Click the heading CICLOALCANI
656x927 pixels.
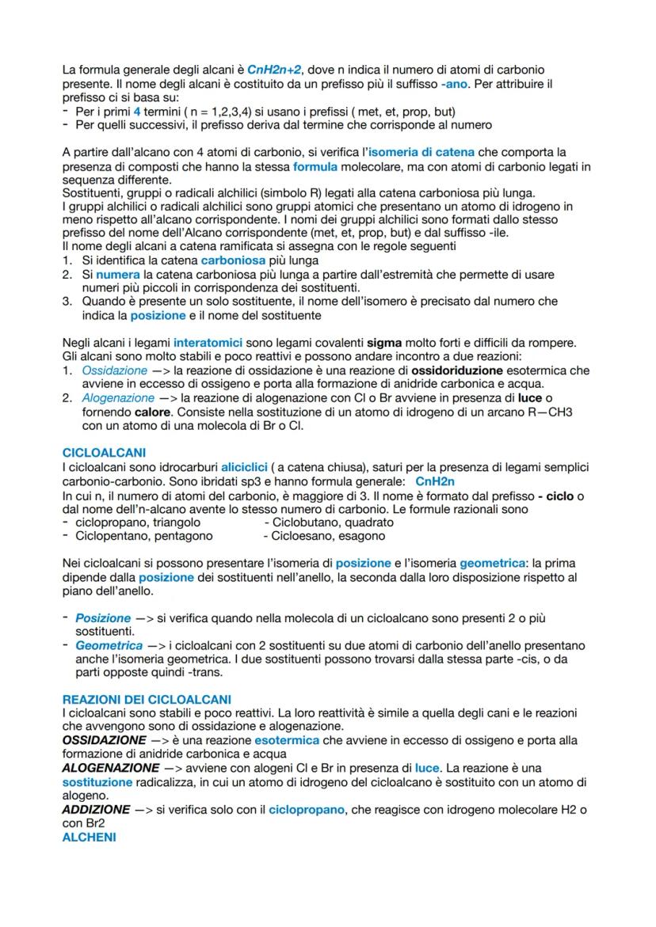(x=104, y=453)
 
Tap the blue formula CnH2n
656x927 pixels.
(x=440, y=481)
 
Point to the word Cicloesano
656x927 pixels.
(x=302, y=536)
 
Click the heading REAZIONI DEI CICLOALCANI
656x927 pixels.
(x=147, y=699)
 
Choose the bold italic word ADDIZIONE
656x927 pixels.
(x=96, y=810)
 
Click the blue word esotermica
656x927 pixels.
(x=287, y=740)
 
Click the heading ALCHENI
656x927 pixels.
(x=89, y=836)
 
